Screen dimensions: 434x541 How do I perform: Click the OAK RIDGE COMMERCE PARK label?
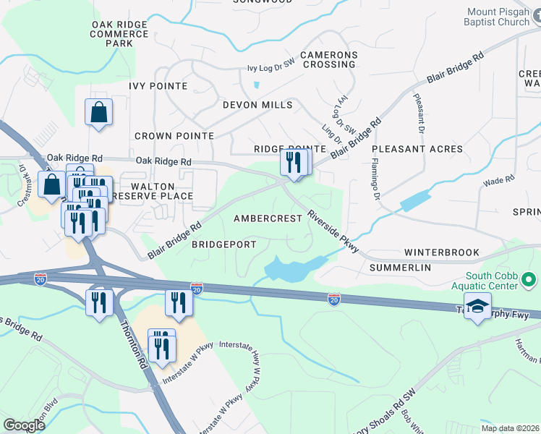119,34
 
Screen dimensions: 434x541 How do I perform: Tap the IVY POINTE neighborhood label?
158,86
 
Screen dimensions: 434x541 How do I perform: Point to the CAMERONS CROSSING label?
329,59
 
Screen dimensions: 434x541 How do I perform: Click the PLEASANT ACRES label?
417,149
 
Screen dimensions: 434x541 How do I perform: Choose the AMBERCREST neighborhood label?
267,218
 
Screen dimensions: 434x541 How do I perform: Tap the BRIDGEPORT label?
223,244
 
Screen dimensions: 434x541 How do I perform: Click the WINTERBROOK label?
441,252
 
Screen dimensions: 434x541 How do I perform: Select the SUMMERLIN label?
400,268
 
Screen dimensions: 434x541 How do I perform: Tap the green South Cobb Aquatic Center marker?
529,279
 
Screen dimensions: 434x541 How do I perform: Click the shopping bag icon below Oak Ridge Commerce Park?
98,113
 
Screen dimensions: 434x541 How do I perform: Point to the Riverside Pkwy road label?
333,231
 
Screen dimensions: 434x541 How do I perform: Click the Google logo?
25,425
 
